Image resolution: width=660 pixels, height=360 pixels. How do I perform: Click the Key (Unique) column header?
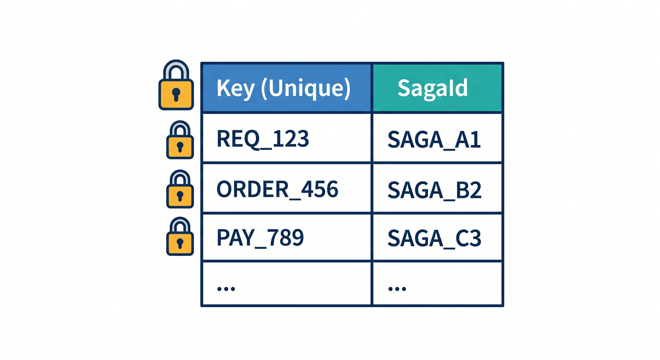click(x=286, y=88)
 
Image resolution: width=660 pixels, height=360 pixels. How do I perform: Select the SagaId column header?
click(x=437, y=88)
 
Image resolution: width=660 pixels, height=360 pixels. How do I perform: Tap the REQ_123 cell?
click(x=286, y=138)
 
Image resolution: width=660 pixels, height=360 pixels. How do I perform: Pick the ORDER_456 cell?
click(x=286, y=188)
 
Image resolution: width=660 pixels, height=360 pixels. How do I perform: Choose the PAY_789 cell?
click(x=286, y=237)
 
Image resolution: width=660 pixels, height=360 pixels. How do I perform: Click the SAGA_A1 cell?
click(x=437, y=138)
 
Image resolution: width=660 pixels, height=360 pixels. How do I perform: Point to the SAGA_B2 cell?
click(x=437, y=188)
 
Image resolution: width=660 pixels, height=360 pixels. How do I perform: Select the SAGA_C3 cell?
click(x=437, y=237)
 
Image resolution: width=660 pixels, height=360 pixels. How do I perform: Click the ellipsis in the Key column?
click(x=226, y=289)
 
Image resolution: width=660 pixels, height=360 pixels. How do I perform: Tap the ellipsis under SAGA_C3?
click(x=397, y=289)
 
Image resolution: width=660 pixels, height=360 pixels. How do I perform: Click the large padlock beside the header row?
click(x=176, y=85)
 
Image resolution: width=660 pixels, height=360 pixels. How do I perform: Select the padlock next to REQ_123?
click(x=180, y=140)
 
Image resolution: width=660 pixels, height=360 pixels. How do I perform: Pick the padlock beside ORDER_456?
click(x=180, y=189)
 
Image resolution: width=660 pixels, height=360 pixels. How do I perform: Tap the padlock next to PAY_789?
click(x=180, y=236)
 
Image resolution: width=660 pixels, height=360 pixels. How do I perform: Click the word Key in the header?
click(x=235, y=88)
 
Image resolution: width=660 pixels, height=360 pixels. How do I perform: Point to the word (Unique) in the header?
click(x=306, y=88)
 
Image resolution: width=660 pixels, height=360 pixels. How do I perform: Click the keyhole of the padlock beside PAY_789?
click(x=180, y=244)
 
